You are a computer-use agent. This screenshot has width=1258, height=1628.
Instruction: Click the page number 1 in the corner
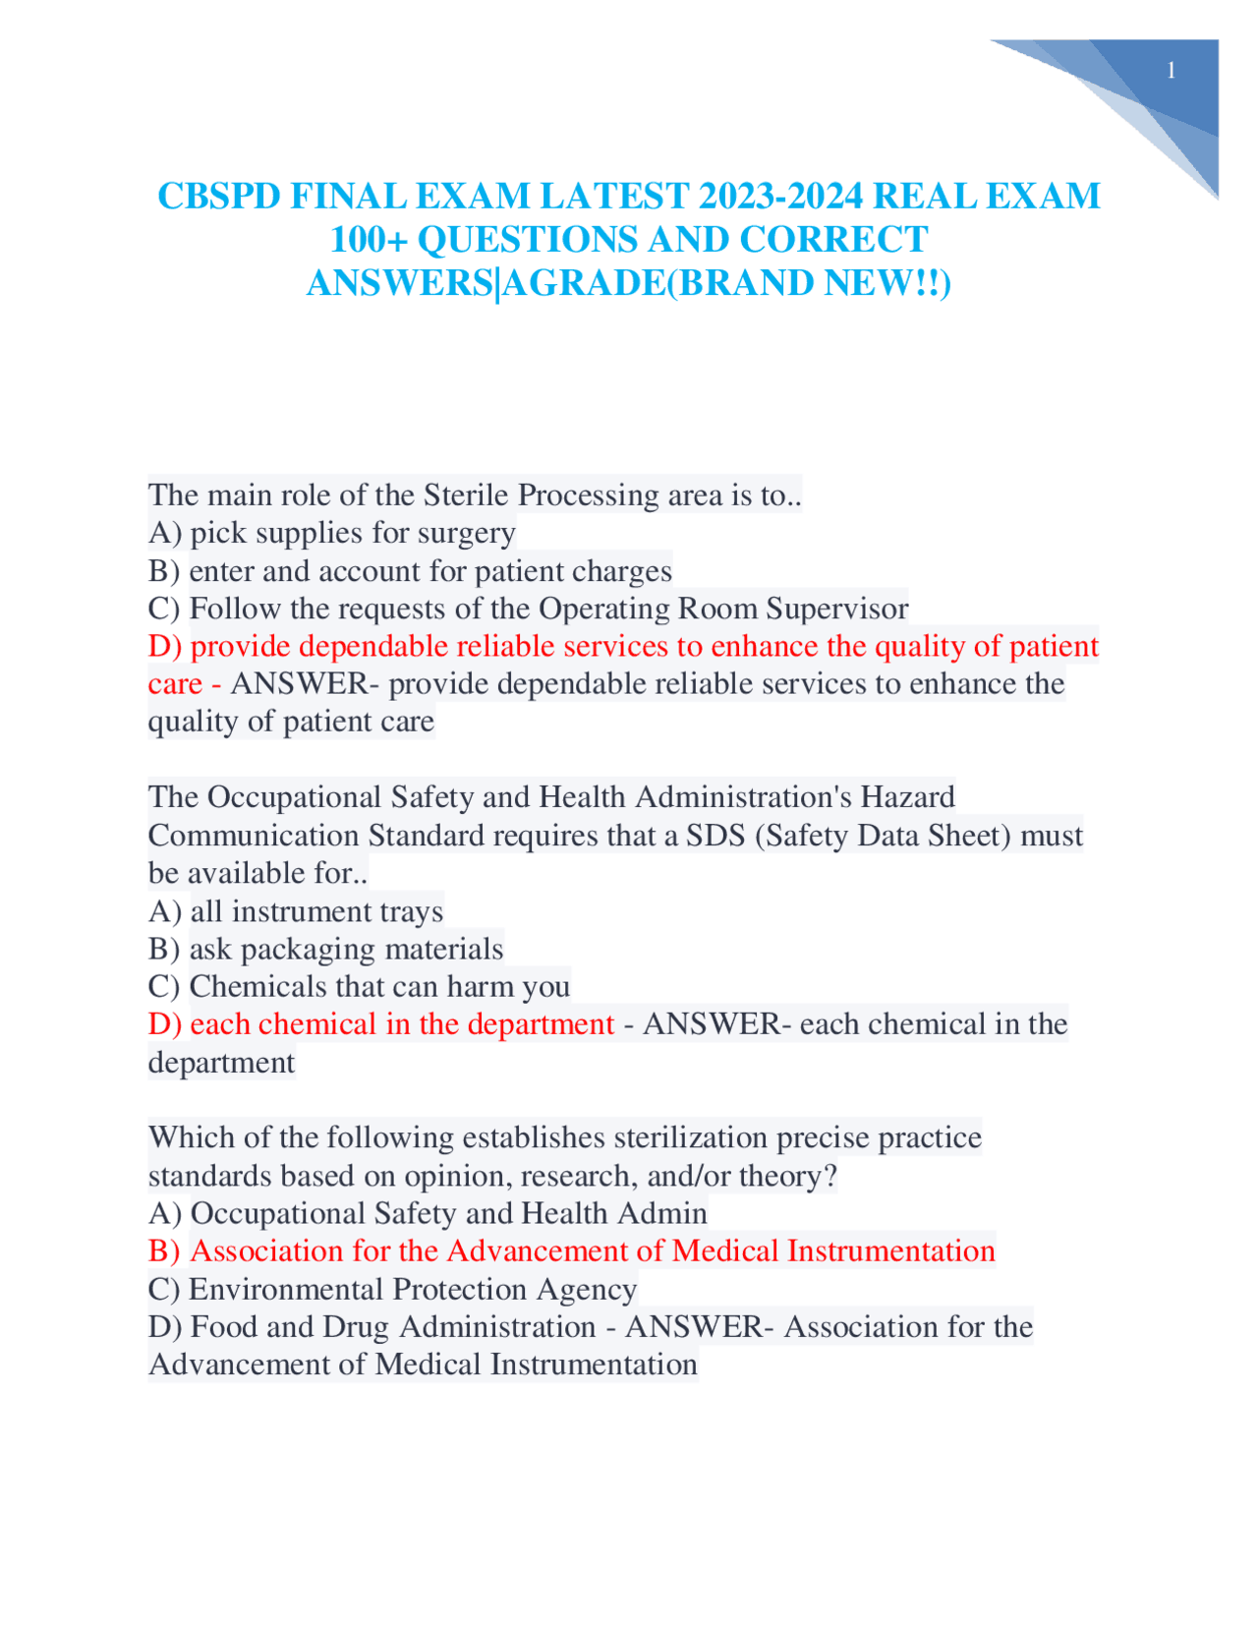(1171, 71)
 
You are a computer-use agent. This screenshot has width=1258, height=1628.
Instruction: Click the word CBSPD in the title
(218, 197)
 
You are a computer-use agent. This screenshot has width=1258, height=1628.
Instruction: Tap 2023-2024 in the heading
(781, 197)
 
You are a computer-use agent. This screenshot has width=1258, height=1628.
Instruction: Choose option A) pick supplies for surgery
(331, 533)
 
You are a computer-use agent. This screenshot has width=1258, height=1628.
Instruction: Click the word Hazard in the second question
(907, 796)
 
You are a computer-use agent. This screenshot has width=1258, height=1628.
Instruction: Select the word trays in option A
(413, 911)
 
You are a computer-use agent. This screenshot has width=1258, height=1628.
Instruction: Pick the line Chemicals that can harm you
(359, 986)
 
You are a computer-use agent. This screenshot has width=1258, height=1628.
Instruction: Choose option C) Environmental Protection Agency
(392, 1289)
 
